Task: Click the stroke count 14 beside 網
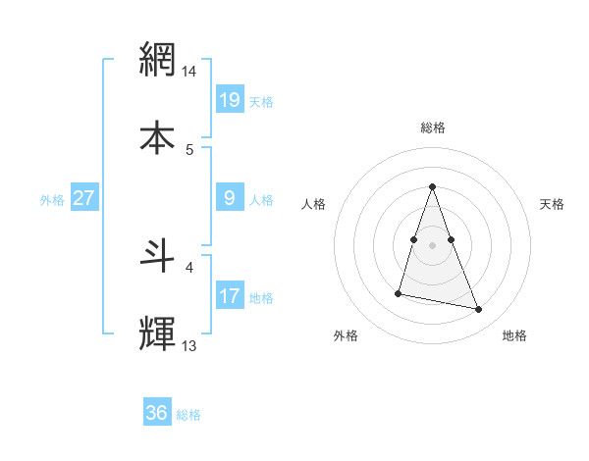(189, 72)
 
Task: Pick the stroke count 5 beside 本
(189, 149)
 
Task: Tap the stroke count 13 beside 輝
(189, 345)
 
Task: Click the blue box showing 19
(230, 100)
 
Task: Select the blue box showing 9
(230, 198)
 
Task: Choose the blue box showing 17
(230, 296)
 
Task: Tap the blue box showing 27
(83, 198)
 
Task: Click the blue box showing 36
(157, 413)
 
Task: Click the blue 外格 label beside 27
(52, 200)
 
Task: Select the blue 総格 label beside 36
(188, 415)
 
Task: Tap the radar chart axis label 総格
(433, 128)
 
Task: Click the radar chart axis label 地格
(514, 335)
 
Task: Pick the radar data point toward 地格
(479, 310)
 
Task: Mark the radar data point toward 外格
(399, 292)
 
